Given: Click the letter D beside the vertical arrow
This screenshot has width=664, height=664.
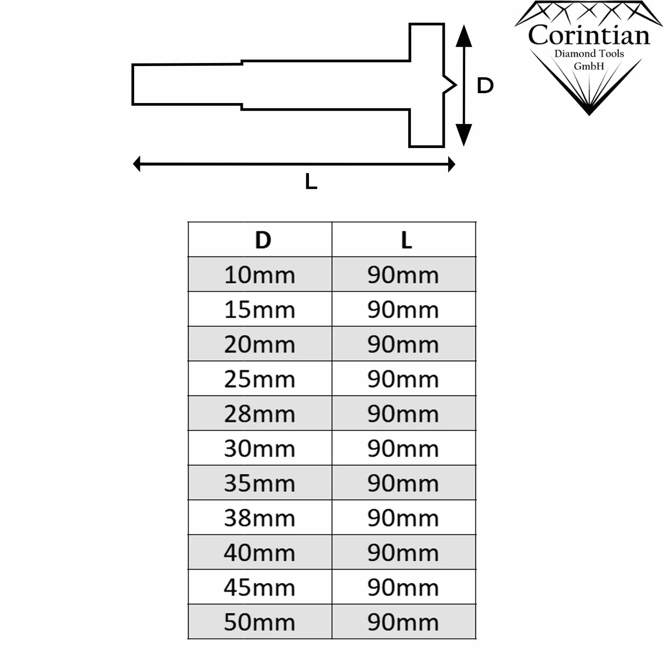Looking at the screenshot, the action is pyautogui.click(x=485, y=85).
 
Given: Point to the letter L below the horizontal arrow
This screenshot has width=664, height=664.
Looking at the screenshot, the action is pyautogui.click(x=311, y=181).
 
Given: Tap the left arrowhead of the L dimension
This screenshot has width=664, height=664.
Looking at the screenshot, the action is pyautogui.click(x=137, y=164).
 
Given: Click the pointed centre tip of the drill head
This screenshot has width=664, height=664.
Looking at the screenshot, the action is pyautogui.click(x=456, y=85).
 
